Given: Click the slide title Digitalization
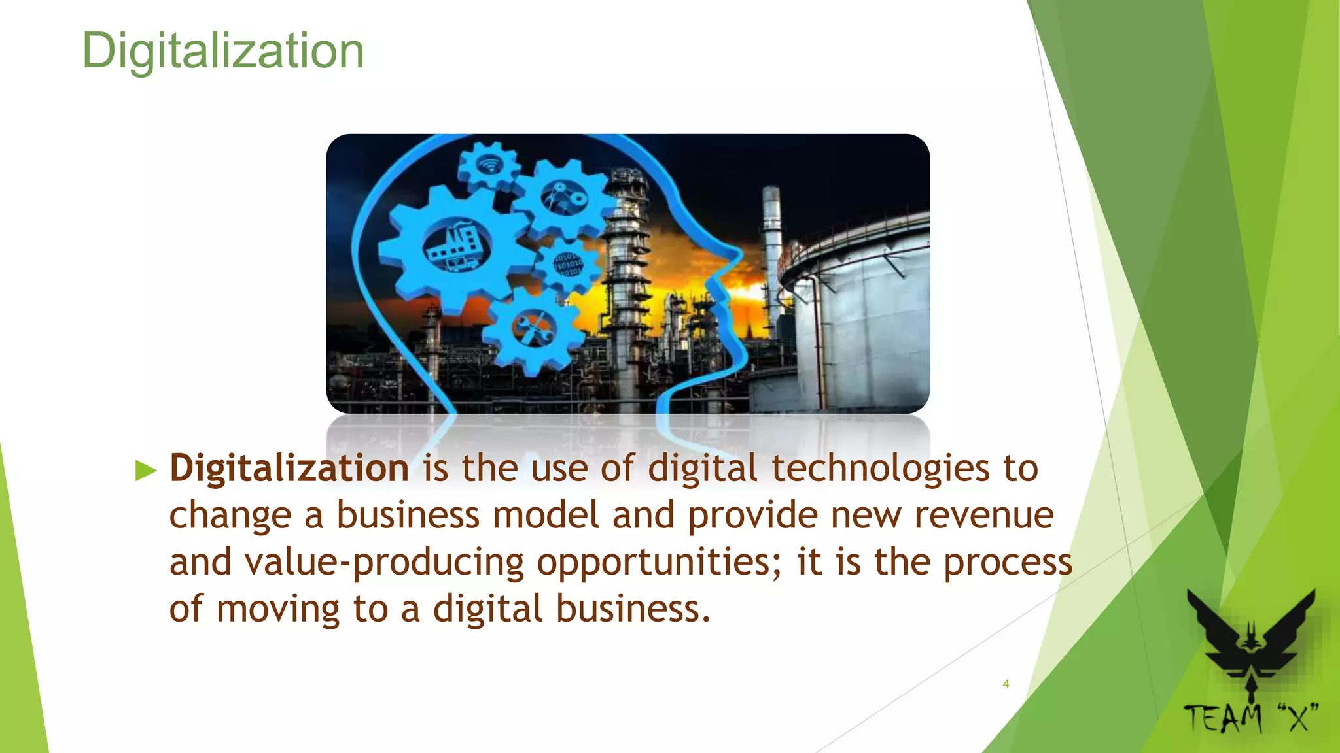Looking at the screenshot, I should point(222,51).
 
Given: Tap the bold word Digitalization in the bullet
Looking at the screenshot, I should point(289,468).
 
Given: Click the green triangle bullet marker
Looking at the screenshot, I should point(146,470).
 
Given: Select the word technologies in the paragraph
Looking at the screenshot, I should point(880,468).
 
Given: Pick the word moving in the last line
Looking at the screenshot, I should point(277,609).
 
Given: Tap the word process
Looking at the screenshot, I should point(1008,562).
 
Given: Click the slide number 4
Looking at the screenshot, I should point(1006,684).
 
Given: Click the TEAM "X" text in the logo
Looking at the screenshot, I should point(1251,718).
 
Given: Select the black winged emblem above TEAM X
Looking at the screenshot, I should point(1251,644).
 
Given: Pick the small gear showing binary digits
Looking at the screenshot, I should point(567,265).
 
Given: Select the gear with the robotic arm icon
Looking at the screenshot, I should point(564,197).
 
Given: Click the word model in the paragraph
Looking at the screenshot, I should point(546,515).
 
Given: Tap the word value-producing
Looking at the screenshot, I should point(346,563).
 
